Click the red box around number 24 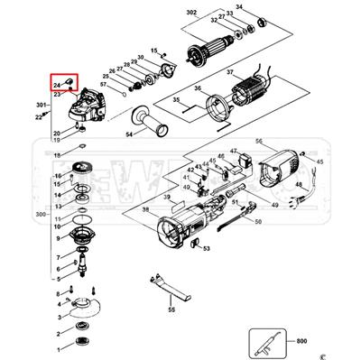pyautogui.click(x=63, y=85)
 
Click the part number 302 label pyautogui.click(x=191, y=14)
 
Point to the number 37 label pyautogui.click(x=230, y=72)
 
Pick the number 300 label pyautogui.click(x=39, y=215)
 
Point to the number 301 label pyautogui.click(x=41, y=106)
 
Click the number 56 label pyautogui.click(x=258, y=142)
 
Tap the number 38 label pyautogui.click(x=146, y=209)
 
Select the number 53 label pyautogui.click(x=206, y=248)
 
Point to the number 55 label pyautogui.click(x=171, y=310)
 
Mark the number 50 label pyautogui.click(x=258, y=221)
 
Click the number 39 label pyautogui.click(x=168, y=196)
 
